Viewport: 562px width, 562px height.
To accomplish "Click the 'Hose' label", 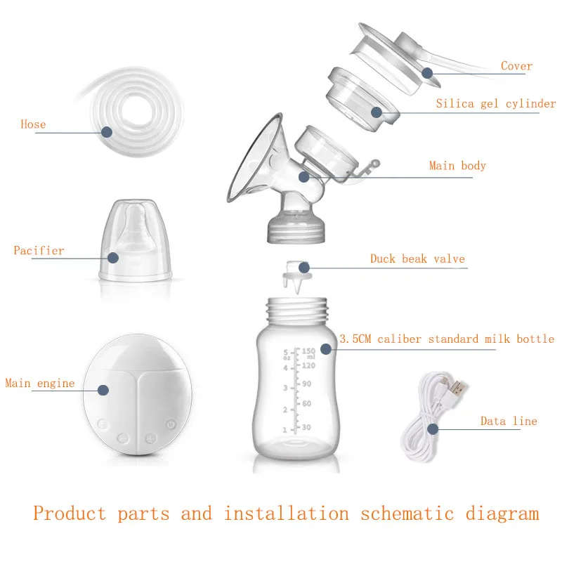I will (33, 125).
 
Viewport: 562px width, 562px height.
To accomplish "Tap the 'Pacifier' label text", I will (39, 251).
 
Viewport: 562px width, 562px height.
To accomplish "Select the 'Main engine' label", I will (40, 384).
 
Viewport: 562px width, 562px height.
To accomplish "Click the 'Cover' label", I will (516, 67).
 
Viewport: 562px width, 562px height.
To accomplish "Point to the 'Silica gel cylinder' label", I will (495, 105).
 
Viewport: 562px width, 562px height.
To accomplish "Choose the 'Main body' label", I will (457, 166).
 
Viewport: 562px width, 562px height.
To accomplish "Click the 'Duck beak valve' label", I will (417, 259).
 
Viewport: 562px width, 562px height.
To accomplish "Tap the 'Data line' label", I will (509, 421).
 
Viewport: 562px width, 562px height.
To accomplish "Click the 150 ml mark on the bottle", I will (307, 351).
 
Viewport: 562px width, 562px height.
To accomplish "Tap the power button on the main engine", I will (170, 424).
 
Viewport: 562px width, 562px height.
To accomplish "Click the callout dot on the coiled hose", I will (107, 131).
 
